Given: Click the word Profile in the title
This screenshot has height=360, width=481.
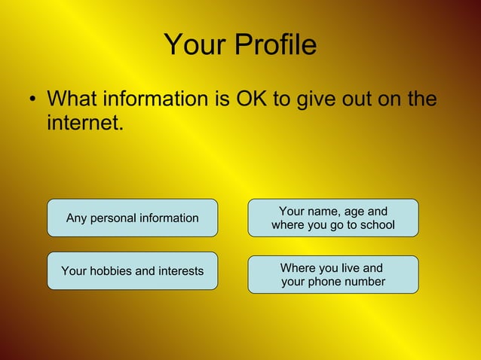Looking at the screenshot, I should (x=275, y=46).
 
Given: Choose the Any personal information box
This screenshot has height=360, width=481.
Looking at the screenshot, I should (x=133, y=218).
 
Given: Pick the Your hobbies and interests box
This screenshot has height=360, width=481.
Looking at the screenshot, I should (x=133, y=270).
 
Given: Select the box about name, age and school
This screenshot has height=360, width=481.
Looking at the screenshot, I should (x=333, y=218).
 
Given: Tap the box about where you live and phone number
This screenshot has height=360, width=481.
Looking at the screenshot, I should (x=333, y=275).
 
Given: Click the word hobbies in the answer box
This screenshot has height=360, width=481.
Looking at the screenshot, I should (x=112, y=270).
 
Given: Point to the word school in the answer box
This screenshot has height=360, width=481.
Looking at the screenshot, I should (x=376, y=225).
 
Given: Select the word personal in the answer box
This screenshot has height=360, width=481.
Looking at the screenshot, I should (x=114, y=218).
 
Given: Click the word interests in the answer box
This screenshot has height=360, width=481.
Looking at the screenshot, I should (x=179, y=270).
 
